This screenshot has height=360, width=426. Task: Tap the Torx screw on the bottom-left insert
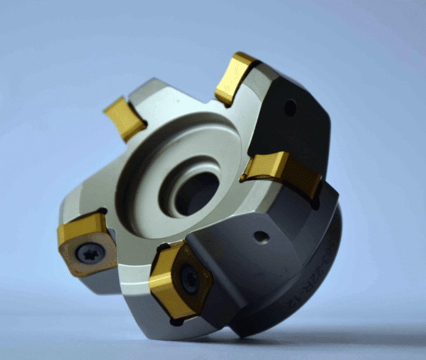[x=92, y=253]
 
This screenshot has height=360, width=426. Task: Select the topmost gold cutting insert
[x=235, y=77]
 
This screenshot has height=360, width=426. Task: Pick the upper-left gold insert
[x=124, y=118]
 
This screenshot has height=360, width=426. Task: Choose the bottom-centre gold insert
[x=176, y=281]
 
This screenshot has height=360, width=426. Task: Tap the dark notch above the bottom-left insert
[x=102, y=211]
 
